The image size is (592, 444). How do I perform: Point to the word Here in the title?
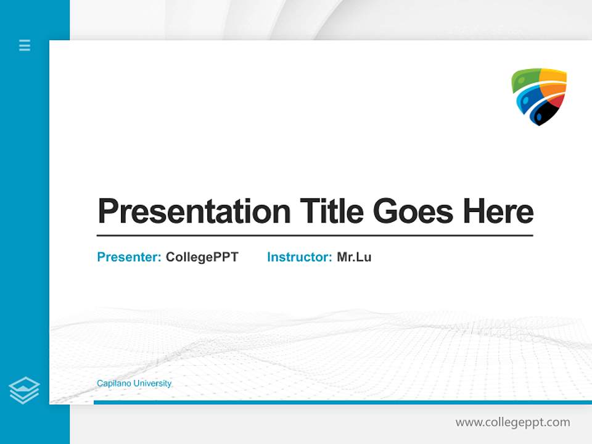click(x=498, y=212)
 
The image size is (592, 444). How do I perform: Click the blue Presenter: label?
click(x=129, y=257)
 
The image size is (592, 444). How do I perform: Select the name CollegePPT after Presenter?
click(x=202, y=257)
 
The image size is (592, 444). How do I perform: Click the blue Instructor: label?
click(x=299, y=257)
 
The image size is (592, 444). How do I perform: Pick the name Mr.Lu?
click(x=354, y=257)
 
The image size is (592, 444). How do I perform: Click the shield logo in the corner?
click(x=539, y=96)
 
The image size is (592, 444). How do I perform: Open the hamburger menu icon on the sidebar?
click(x=25, y=45)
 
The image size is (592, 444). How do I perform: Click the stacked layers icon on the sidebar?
click(x=24, y=390)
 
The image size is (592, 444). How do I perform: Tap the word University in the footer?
click(x=152, y=384)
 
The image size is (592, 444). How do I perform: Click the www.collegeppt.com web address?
click(x=512, y=422)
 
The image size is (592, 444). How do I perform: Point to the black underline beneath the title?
click(x=314, y=236)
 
